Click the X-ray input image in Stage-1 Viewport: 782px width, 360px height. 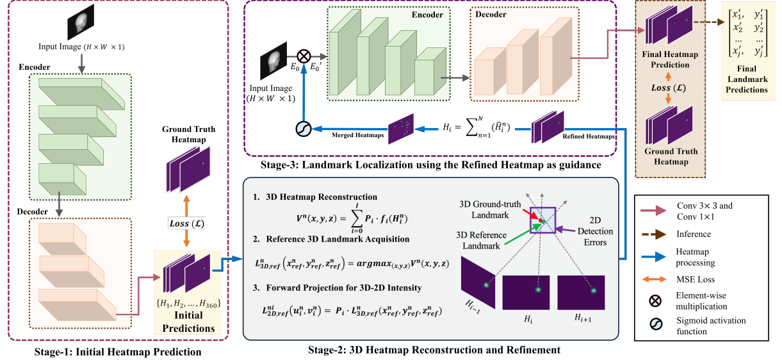81,22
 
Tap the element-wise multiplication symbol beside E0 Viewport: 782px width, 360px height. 304,56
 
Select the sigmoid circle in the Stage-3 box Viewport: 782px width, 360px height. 304,129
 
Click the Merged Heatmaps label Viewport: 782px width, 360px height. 357,135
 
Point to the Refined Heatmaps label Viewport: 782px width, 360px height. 589,136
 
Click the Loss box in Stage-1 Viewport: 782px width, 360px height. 187,224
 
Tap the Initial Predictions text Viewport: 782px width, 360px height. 188,322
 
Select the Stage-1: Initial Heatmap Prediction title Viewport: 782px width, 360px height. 118,352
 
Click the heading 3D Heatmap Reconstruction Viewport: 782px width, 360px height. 322,197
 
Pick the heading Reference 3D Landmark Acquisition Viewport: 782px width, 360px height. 338,239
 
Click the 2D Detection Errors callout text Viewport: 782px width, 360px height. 595,231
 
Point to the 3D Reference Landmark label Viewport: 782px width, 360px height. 481,240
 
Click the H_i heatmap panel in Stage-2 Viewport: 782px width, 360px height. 526,293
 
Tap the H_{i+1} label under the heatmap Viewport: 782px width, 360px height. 583,317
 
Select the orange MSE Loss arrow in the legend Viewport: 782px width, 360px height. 654,279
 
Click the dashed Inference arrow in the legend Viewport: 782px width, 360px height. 654,234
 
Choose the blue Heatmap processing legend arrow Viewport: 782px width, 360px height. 654,257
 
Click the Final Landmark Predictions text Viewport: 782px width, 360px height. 747,79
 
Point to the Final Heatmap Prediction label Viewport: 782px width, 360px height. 670,60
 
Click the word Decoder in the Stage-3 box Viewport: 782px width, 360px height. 491,14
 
